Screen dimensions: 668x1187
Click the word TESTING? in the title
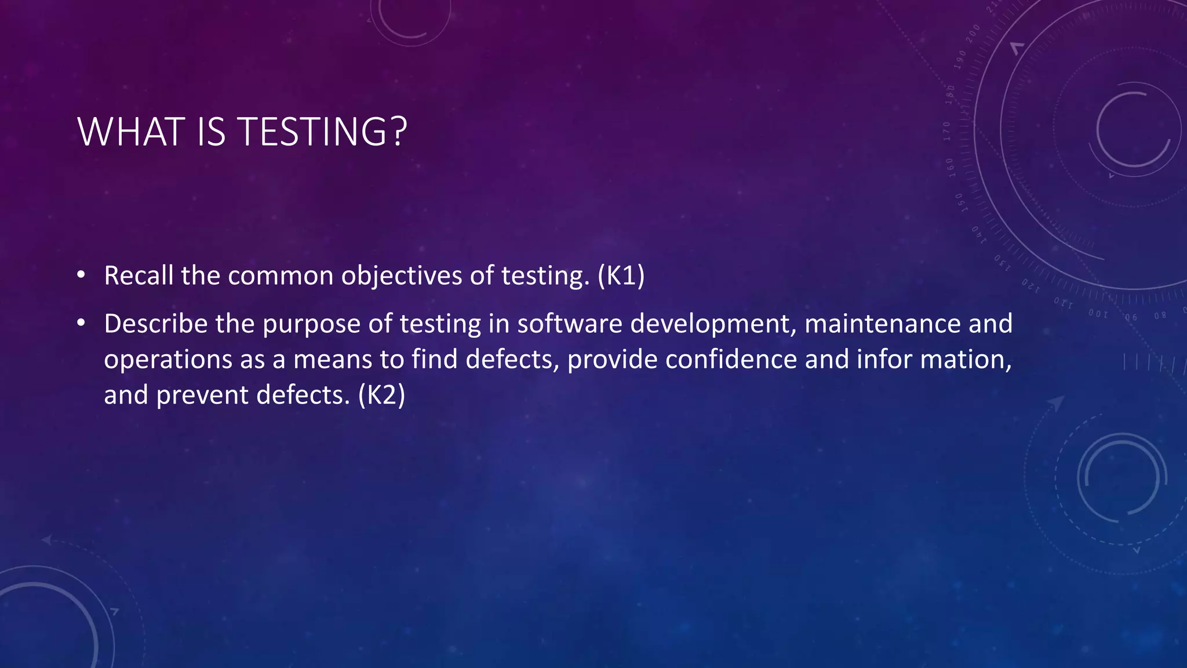[x=323, y=132]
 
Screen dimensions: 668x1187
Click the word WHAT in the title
[x=131, y=132]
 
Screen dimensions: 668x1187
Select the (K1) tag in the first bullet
[x=621, y=275]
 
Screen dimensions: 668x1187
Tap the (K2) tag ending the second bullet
[x=381, y=395]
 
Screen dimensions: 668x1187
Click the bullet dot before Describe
[x=81, y=322]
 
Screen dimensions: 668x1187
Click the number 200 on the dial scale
[x=973, y=33]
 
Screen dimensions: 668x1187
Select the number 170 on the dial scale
[x=947, y=132]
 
